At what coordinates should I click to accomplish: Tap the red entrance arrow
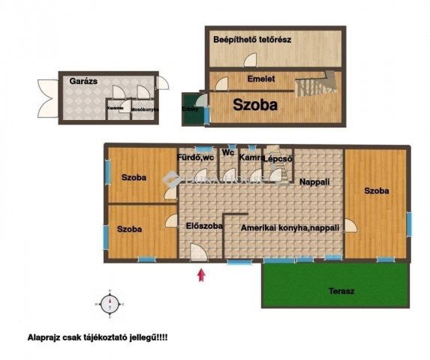(x=200, y=274)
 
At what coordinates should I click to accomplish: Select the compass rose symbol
(x=110, y=304)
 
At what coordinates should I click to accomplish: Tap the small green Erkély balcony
(x=191, y=108)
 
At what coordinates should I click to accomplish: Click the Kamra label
(x=250, y=157)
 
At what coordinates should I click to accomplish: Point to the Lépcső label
(x=278, y=158)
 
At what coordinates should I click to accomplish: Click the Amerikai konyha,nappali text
(x=290, y=226)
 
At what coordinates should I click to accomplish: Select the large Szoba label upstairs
(x=254, y=106)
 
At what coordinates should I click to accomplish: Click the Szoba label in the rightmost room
(x=377, y=191)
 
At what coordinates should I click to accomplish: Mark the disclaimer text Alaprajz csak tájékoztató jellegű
(x=98, y=339)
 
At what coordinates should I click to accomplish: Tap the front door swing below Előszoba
(x=197, y=253)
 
